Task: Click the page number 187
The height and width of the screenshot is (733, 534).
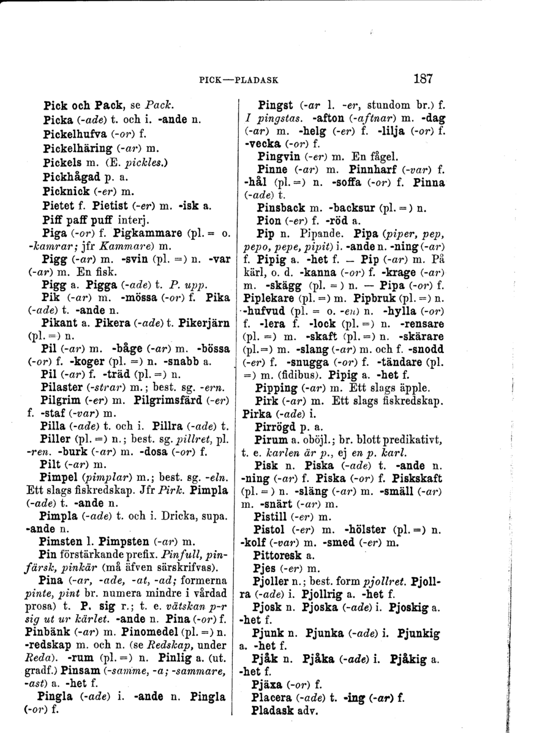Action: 423,78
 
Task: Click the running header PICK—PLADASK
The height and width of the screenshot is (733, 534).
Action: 239,80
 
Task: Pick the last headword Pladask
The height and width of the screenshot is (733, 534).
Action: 274,711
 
